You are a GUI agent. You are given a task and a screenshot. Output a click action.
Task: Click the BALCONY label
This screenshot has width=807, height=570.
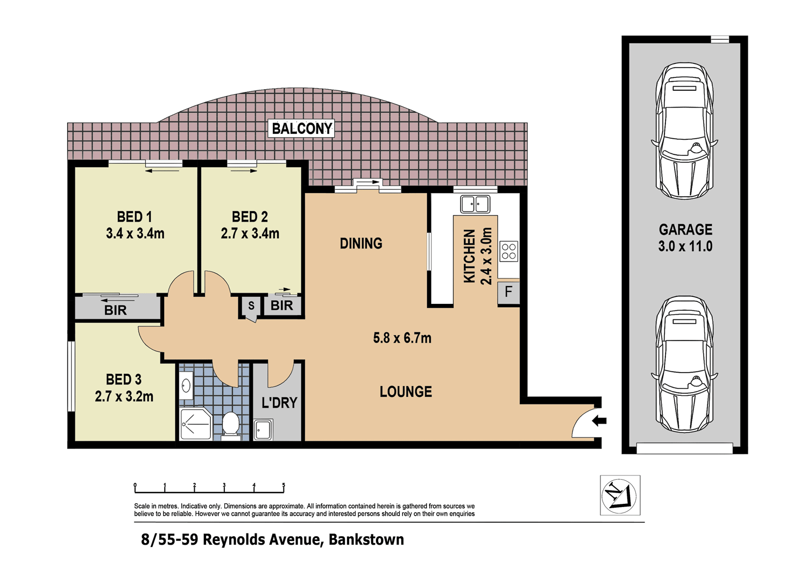301,129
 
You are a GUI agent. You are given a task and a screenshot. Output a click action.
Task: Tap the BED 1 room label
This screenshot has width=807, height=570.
134,217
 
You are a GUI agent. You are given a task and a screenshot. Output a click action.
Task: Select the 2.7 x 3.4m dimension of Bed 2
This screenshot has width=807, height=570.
250,233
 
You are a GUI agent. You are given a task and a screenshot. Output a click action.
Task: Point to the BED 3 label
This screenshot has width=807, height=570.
124,380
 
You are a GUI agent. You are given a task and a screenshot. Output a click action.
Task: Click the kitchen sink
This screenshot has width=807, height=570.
475,204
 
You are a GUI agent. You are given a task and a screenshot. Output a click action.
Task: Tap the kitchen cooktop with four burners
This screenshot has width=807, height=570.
509,251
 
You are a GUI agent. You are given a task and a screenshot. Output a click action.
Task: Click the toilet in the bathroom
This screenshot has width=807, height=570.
231,425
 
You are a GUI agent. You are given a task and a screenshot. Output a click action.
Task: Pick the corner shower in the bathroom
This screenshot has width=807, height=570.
195,424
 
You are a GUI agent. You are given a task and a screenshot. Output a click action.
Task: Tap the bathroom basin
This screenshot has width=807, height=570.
186,386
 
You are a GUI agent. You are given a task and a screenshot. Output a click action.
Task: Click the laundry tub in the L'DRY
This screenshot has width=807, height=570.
263,430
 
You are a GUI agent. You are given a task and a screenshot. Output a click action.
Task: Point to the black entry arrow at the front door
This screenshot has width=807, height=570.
599,421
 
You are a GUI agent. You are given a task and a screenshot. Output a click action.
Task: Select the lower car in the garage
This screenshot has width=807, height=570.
684,364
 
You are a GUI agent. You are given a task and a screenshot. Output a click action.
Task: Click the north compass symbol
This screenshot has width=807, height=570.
620,495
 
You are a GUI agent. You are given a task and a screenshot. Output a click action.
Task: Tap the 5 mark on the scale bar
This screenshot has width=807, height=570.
284,485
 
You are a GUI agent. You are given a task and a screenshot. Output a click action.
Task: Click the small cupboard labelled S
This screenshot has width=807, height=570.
251,306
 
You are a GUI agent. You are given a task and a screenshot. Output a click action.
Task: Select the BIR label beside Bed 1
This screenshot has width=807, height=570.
115,310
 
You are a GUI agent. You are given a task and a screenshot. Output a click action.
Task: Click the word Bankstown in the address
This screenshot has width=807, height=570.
366,539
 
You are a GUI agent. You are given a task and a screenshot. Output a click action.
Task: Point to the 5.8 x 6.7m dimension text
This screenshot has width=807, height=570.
402,338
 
